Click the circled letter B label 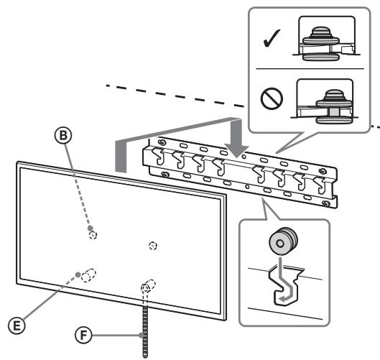coord(63,135)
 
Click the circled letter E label coord(17,326)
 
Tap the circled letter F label coord(83,336)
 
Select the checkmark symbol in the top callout coord(272,38)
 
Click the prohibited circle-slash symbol coord(272,98)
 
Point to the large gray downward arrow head coord(236,151)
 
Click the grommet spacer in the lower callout coord(283,241)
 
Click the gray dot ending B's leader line coord(91,228)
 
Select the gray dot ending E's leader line coord(78,274)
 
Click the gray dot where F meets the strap coord(142,336)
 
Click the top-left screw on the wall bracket coord(161,142)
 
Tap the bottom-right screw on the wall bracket coord(326,203)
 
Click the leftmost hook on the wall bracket coord(158,157)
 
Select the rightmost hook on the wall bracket coord(320,185)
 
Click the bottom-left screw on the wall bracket coord(165,175)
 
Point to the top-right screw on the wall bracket coord(323,171)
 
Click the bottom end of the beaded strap coord(145,356)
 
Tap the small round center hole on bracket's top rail coord(244,157)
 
